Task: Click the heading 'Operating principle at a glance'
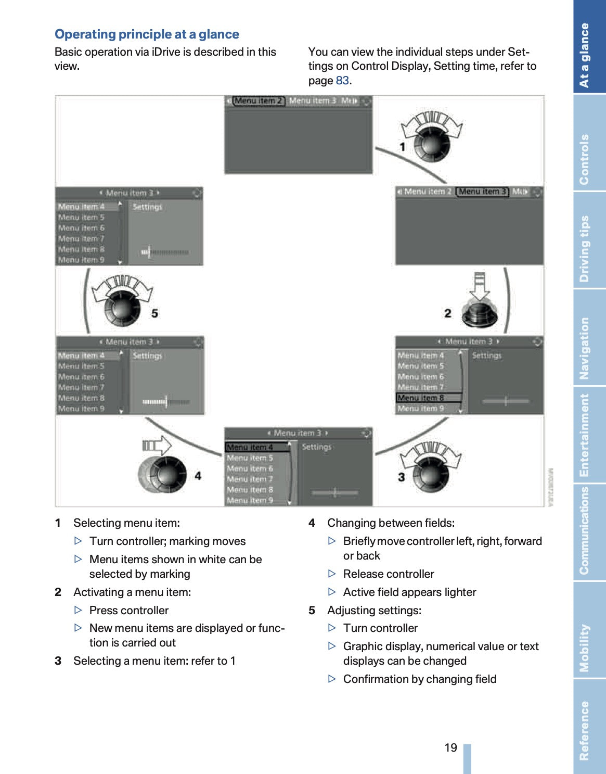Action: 147,34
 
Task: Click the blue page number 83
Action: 342,81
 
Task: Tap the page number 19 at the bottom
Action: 450,747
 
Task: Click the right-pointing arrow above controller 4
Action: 157,446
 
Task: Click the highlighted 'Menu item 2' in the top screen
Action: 257,101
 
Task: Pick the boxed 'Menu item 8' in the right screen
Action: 422,398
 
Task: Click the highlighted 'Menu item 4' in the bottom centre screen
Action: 250,447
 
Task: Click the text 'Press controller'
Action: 129,610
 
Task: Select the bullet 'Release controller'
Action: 389,574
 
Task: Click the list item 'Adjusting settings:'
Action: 374,610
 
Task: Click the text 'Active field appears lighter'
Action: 409,592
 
